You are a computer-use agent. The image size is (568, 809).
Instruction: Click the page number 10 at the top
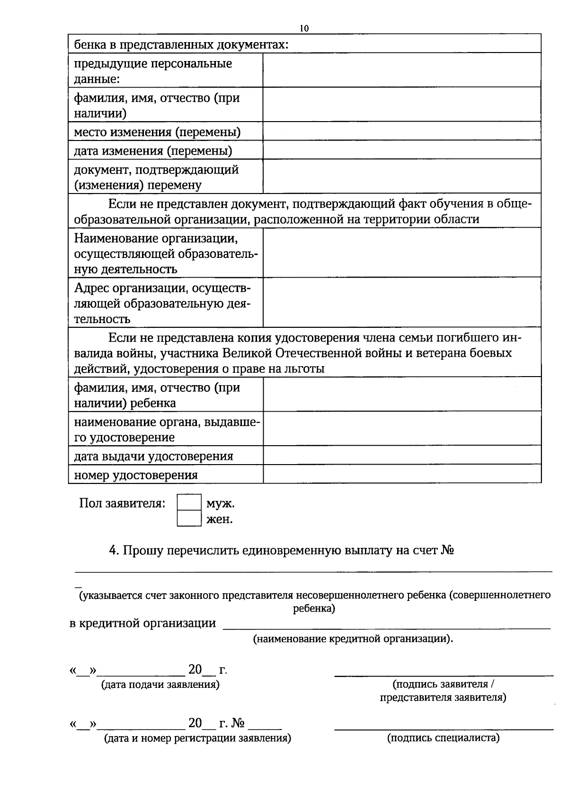[x=304, y=28]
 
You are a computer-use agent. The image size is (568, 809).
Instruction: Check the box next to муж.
[x=189, y=502]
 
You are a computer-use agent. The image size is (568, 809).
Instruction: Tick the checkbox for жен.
[x=189, y=519]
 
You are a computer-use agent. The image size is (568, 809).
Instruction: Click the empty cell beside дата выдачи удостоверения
[x=402, y=455]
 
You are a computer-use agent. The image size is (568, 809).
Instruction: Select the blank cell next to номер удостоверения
[x=402, y=474]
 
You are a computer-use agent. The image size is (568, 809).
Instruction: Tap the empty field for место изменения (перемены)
[x=402, y=131]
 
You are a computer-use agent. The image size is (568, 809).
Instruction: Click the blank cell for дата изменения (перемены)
[x=402, y=150]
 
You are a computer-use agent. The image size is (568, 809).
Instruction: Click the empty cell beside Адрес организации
[x=402, y=302]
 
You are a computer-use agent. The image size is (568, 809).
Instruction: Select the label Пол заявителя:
[x=122, y=503]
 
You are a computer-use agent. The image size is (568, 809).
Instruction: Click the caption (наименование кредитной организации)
[x=353, y=639]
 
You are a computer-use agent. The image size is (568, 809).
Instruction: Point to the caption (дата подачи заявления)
[x=160, y=685]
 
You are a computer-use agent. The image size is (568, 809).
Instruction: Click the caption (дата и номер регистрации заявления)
[x=197, y=738]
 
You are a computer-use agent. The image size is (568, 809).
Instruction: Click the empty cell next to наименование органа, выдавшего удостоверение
[x=402, y=429]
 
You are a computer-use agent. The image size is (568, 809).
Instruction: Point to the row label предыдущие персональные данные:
[x=153, y=70]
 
